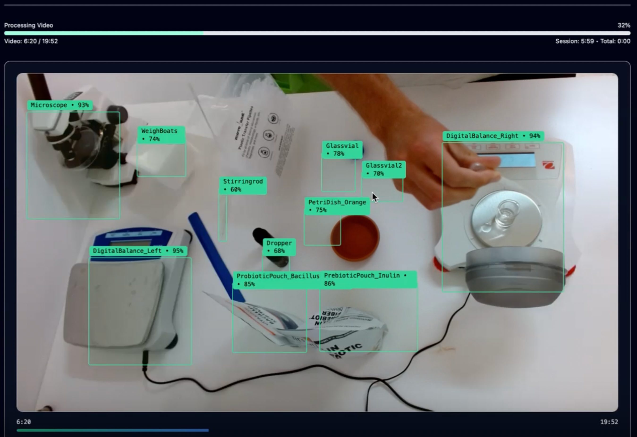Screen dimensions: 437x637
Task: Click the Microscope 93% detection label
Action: (x=60, y=105)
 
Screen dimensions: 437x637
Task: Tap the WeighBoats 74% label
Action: (x=161, y=135)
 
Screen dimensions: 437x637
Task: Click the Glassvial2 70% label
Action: (x=383, y=169)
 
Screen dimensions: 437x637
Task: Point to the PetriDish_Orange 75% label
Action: (x=337, y=206)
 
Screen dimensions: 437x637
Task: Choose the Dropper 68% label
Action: (x=279, y=247)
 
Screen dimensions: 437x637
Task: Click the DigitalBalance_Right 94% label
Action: (x=493, y=136)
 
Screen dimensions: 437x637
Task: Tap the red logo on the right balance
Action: (x=548, y=165)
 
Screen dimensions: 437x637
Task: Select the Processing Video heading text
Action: (x=29, y=25)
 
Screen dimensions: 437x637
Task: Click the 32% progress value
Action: (x=624, y=25)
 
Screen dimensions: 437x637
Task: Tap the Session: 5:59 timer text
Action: (x=574, y=41)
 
